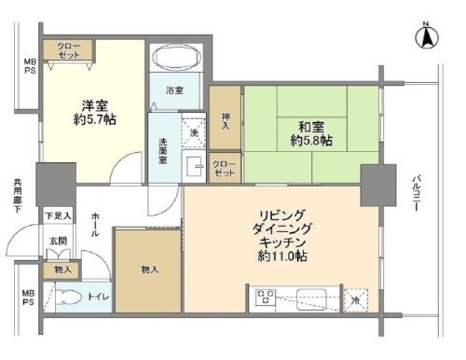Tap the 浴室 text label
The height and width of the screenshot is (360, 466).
(x=174, y=91)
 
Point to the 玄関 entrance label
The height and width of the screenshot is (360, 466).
(x=58, y=241)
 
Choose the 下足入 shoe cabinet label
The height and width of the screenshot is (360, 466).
(x=59, y=215)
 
